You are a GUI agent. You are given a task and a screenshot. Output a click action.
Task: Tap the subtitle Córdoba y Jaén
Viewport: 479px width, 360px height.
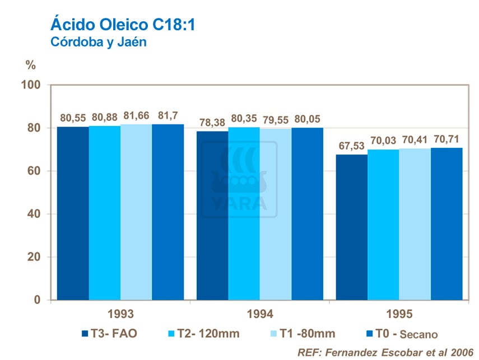click(x=98, y=43)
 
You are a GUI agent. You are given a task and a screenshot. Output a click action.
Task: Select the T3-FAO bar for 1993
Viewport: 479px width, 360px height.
click(x=73, y=213)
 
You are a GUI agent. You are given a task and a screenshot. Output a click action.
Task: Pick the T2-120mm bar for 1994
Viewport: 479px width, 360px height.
click(x=244, y=213)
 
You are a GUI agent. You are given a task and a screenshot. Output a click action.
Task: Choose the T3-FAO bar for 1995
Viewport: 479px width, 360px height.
click(x=351, y=227)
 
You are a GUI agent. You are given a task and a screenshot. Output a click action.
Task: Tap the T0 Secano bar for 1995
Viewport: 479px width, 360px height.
click(x=447, y=224)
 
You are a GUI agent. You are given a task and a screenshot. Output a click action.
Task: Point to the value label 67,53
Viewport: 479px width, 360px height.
click(x=351, y=146)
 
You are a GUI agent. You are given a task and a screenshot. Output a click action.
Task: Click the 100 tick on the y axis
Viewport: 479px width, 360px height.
click(x=32, y=85)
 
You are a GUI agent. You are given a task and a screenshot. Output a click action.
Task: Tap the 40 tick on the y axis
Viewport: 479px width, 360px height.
click(x=35, y=214)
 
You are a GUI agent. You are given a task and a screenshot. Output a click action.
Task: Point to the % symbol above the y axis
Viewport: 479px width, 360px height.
click(x=31, y=66)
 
